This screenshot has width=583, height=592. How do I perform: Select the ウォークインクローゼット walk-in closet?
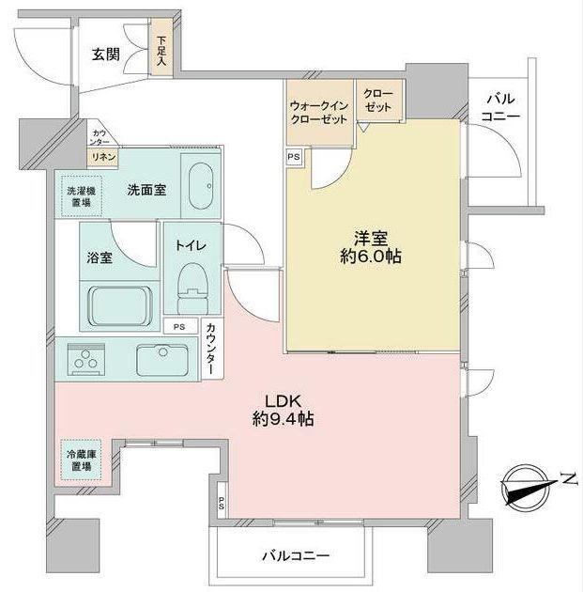[x=319, y=114]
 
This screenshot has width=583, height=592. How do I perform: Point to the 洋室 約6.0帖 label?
[x=372, y=246]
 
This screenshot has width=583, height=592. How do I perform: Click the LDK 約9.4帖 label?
[x=282, y=410]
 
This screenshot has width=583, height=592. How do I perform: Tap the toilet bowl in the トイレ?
[x=192, y=283]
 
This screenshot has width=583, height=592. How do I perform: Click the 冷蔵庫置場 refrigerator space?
[x=79, y=460]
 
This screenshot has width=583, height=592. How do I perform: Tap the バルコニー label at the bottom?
[x=295, y=555]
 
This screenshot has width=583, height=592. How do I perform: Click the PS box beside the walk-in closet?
[x=294, y=157]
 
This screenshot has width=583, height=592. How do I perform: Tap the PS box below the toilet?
[x=178, y=326]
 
